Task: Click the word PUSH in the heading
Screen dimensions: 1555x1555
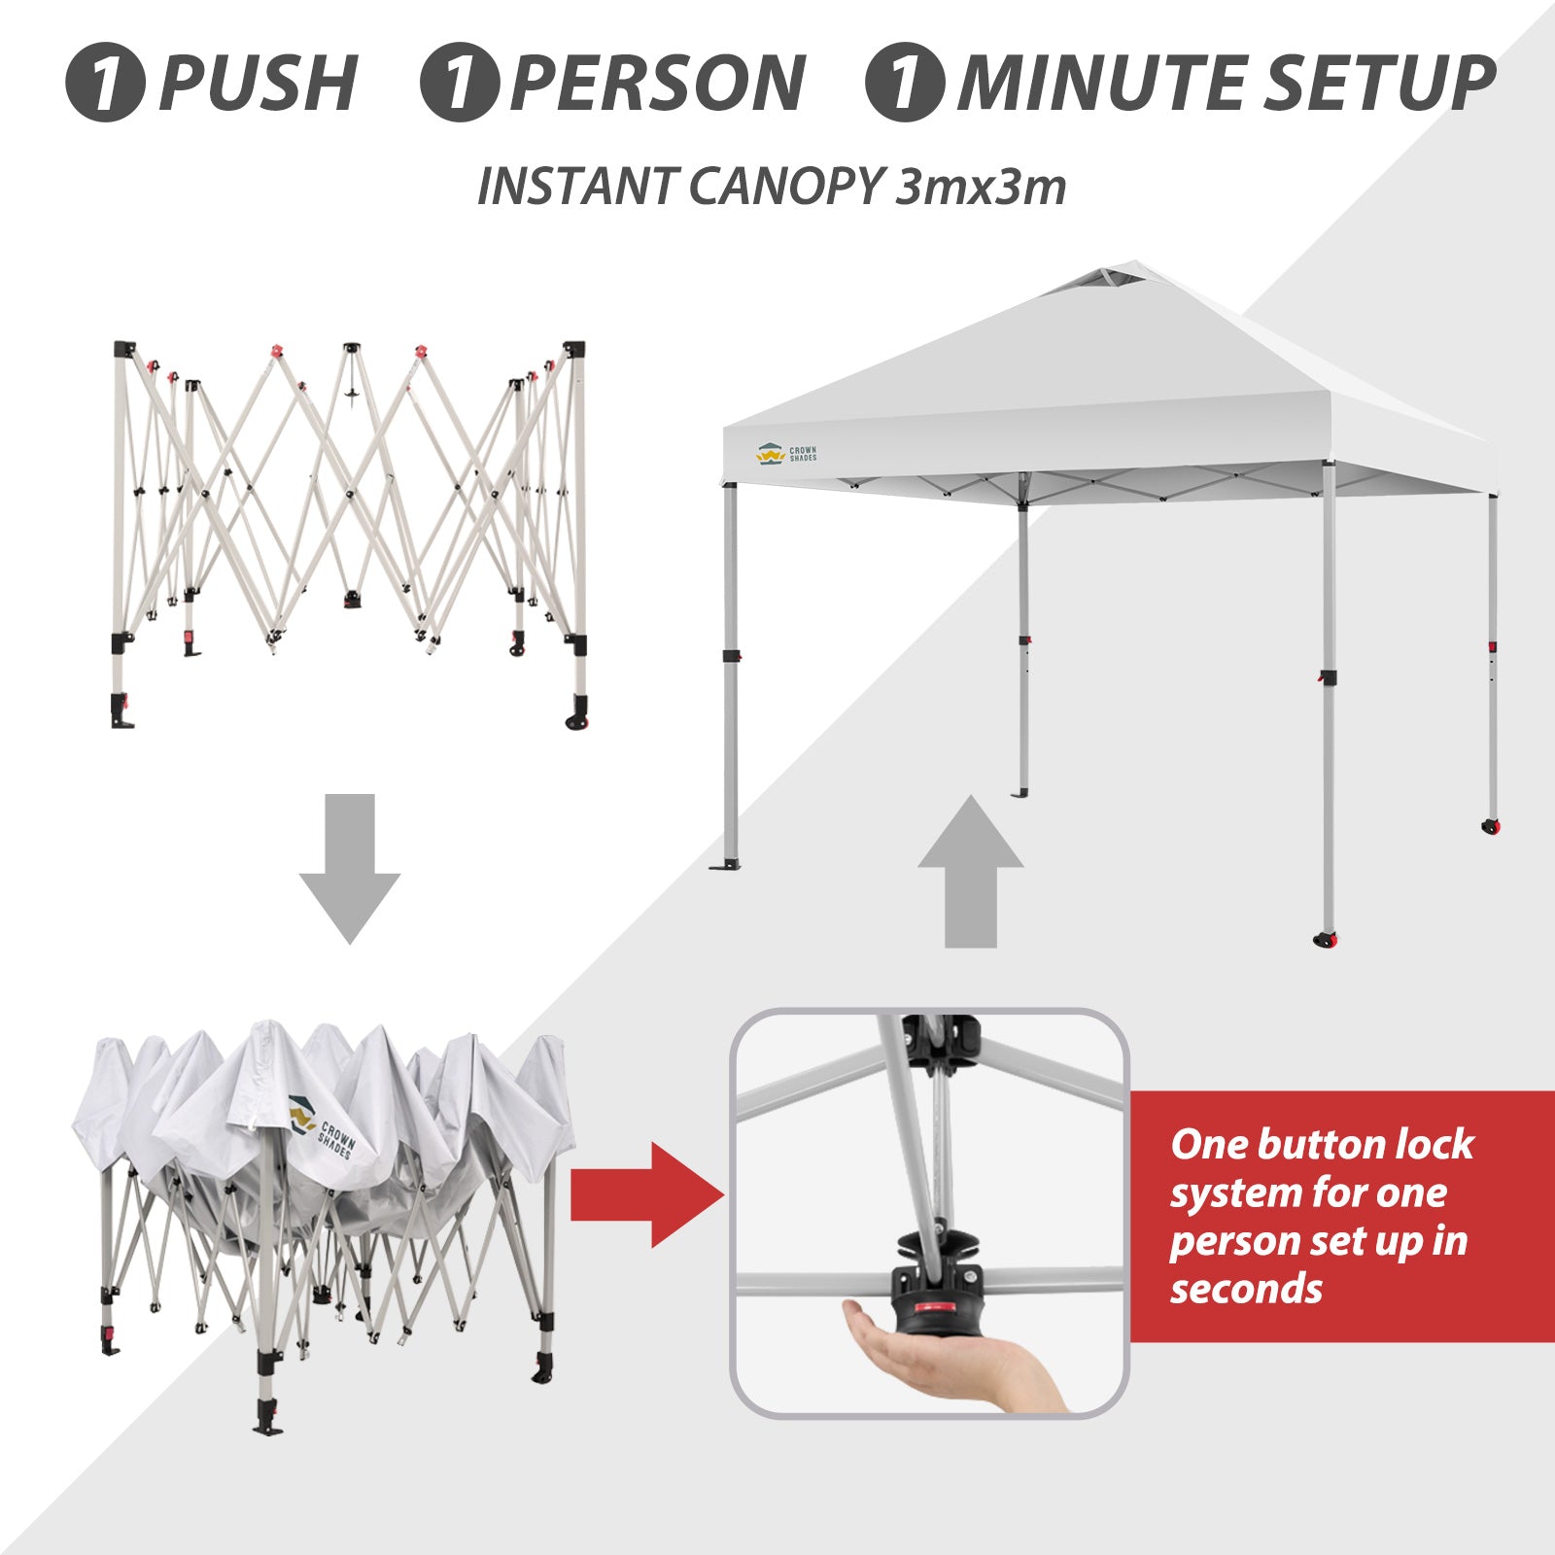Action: point(258,83)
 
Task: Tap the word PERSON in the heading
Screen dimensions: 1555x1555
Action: point(658,83)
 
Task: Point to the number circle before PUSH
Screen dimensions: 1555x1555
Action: point(105,83)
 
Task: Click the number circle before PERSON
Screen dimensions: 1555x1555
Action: point(459,83)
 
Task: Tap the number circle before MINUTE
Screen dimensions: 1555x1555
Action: point(905,83)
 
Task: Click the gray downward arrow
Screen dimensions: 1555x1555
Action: point(349,868)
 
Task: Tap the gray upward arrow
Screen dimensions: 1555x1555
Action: point(971,872)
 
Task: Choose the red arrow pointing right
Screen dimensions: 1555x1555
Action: point(647,1194)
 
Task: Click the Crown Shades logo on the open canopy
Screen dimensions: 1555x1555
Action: point(786,453)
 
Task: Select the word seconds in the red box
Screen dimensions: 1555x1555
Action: point(1246,1290)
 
